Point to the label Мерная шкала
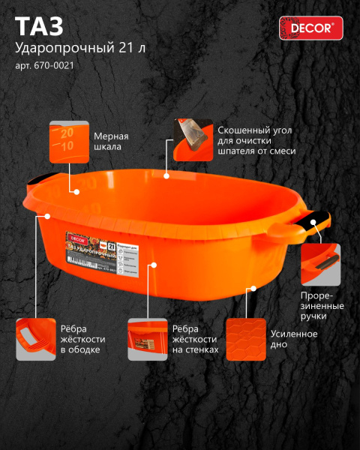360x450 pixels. click(111, 142)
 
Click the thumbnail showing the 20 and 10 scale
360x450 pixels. click(70, 141)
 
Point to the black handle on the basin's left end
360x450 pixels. click(44, 180)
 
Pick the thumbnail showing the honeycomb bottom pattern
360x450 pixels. click(246, 340)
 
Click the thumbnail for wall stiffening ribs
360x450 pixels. click(147, 340)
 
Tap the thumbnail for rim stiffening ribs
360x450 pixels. click(35, 340)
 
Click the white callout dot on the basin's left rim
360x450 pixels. click(46, 215)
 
